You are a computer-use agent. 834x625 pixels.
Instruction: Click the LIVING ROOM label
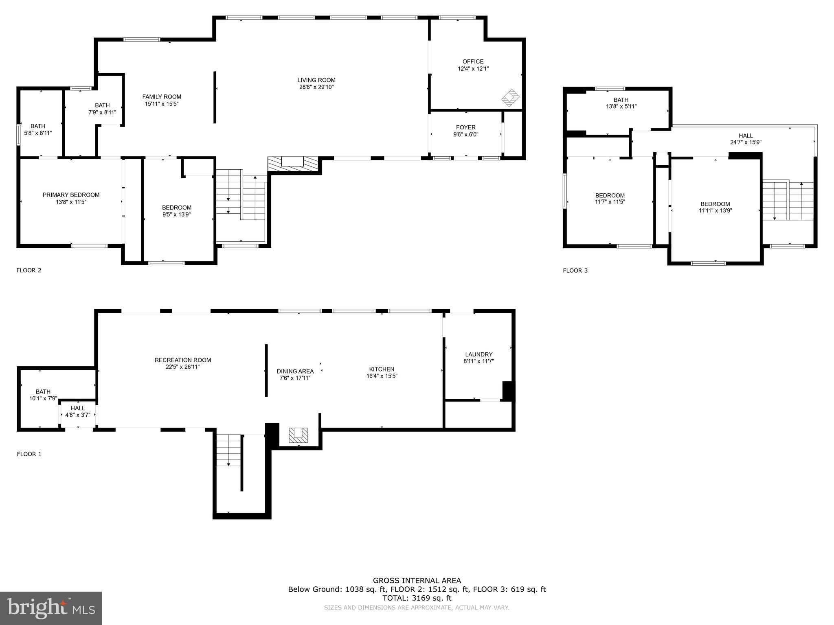pos(316,80)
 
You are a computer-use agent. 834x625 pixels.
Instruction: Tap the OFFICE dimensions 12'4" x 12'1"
pos(473,69)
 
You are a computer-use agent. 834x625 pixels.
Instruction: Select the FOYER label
pos(466,127)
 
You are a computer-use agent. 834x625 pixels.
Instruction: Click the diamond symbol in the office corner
pos(510,98)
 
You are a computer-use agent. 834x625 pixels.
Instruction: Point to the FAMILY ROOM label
pos(162,97)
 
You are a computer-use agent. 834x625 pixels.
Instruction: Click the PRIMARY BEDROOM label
pos(71,195)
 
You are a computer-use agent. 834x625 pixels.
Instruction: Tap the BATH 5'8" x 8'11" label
pos(38,129)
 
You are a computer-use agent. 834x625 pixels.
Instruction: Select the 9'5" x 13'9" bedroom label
pos(176,211)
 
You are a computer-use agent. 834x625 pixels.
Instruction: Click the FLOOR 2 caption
pos(29,270)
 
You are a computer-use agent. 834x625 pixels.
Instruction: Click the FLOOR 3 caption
pos(575,270)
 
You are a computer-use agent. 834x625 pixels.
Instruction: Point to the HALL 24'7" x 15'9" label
pos(746,139)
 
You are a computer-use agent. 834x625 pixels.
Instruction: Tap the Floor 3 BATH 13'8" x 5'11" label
pos(621,103)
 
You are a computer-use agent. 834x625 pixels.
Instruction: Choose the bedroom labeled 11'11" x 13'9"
pos(715,207)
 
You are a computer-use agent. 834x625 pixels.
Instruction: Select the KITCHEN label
pos(382,369)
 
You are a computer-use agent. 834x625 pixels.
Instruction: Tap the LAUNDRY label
pos(478,354)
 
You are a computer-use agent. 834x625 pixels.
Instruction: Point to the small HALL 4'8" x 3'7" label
pos(78,411)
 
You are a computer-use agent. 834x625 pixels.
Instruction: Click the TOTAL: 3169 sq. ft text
pos(417,598)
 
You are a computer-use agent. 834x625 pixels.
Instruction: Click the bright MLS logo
pos(51,608)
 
